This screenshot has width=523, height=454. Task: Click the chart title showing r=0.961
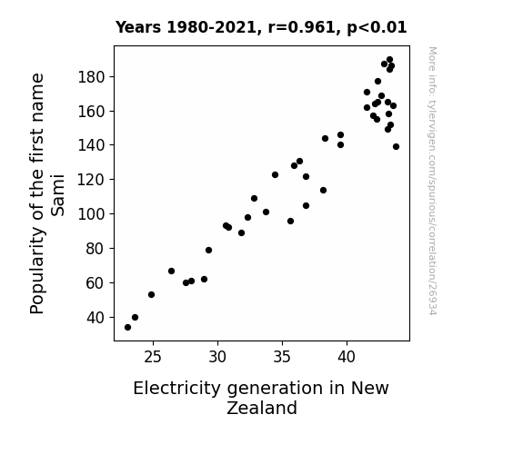pos(261,27)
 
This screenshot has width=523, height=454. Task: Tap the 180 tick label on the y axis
pos(91,77)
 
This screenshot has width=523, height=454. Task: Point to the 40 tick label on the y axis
pos(96,318)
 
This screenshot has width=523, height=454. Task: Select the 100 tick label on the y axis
pos(91,214)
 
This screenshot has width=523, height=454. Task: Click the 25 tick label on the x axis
pos(153,357)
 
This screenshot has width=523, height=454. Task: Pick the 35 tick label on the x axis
pos(282,357)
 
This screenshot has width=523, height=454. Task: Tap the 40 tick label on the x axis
pos(347,357)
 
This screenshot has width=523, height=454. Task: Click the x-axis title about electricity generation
pos(261,398)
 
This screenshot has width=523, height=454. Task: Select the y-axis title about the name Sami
pos(47,193)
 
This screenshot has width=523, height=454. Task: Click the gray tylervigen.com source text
pos(432,181)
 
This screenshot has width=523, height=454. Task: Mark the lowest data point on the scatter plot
pos(127,328)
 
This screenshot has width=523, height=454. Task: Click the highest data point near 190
pos(389,60)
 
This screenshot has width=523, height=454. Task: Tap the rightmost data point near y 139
pos(396,146)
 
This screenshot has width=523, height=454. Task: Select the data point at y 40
pos(135,318)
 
